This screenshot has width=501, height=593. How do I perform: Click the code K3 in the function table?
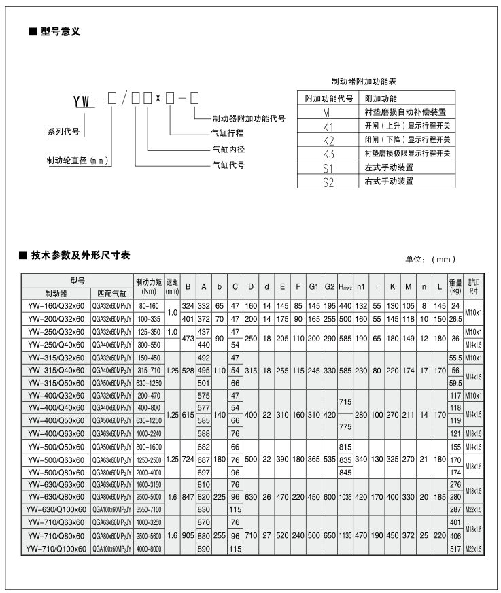(x=328, y=153)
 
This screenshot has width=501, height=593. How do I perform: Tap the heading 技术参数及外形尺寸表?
(x=80, y=256)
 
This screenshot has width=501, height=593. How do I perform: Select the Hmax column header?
(x=345, y=286)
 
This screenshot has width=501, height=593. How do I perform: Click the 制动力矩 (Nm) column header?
(x=149, y=286)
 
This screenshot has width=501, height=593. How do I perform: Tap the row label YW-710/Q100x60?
(x=56, y=548)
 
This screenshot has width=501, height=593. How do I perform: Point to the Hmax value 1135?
(x=345, y=535)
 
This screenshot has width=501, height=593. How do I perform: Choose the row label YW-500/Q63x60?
(x=56, y=460)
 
